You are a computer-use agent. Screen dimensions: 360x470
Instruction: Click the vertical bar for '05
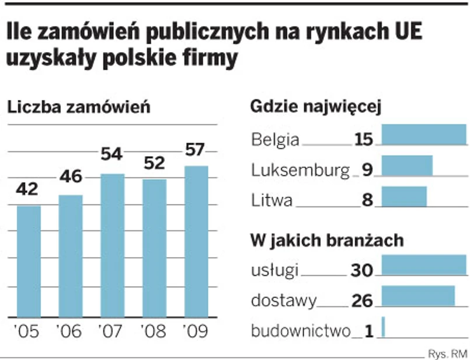tap(29, 261)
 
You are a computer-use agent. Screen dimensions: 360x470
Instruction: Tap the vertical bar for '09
tap(196, 241)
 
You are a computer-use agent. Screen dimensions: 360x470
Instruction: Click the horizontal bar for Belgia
tap(423, 134)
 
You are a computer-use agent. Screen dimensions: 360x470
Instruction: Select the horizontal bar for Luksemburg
tap(406, 165)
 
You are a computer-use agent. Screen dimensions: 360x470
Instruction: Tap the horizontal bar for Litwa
tap(403, 196)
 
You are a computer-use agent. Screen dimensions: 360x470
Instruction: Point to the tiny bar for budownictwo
tap(383, 327)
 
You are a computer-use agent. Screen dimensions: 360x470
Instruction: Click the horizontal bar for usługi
tap(423, 265)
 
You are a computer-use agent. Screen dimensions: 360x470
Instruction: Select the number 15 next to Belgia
tap(363, 139)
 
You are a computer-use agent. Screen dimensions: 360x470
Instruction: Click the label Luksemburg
tap(300, 170)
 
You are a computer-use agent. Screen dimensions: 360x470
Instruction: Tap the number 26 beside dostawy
tap(361, 300)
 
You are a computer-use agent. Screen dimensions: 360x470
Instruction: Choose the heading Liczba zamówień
tap(78, 108)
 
